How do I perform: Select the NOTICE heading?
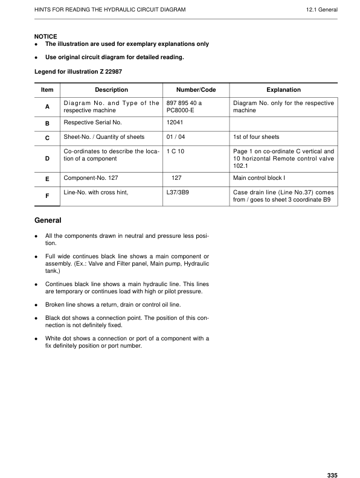click(46, 36)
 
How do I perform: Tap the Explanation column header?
click(283, 90)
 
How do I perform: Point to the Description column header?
click(111, 90)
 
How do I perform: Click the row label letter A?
click(47, 107)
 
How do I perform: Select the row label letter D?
click(47, 158)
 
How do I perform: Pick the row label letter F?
click(47, 197)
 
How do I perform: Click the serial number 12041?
click(175, 123)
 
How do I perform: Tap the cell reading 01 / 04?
click(175, 137)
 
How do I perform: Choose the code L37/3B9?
click(178, 193)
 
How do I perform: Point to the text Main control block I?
click(259, 178)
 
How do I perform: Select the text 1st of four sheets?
click(256, 137)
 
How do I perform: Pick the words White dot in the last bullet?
click(60, 339)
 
